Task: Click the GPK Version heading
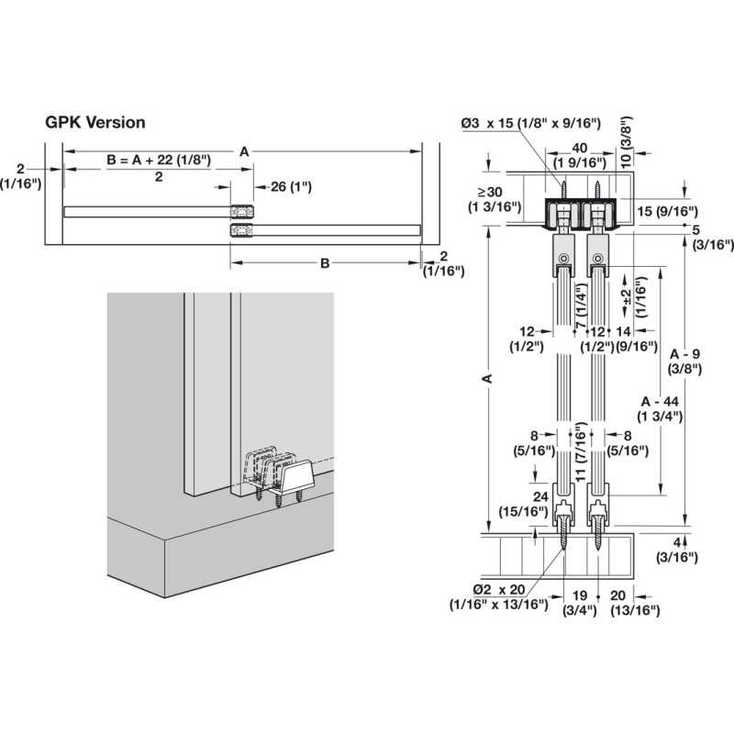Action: [x=95, y=122]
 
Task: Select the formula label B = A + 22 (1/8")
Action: [x=159, y=160]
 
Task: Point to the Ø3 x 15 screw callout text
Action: [x=530, y=123]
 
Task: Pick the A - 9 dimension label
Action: [x=685, y=361]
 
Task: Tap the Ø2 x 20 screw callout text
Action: [x=498, y=596]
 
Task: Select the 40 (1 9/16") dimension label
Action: [x=577, y=155]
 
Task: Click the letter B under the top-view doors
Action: [x=324, y=264]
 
